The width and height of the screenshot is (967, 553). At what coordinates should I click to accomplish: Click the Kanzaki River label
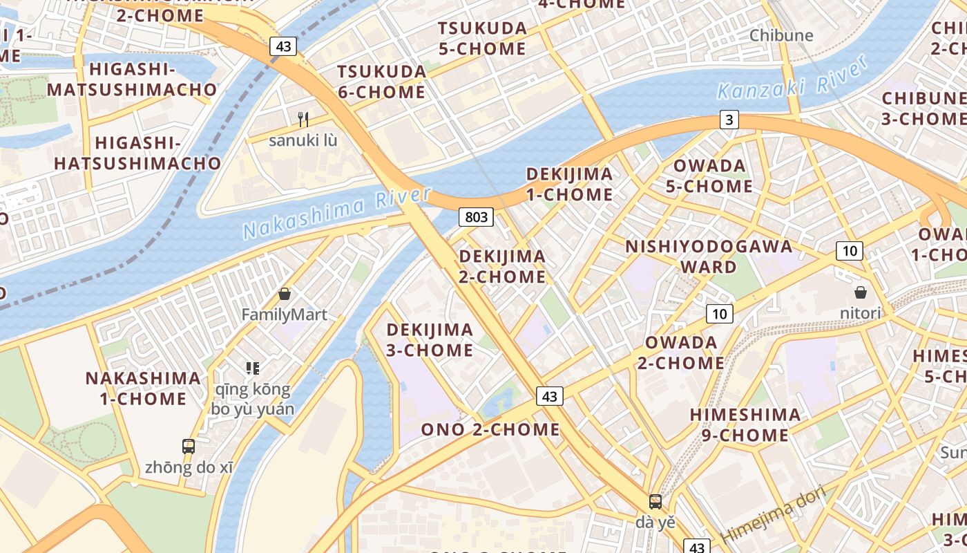click(793, 78)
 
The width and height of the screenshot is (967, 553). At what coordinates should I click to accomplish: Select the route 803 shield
click(476, 217)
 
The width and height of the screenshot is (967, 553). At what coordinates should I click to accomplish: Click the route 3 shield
click(729, 120)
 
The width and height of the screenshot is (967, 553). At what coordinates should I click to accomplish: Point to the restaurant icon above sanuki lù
click(303, 120)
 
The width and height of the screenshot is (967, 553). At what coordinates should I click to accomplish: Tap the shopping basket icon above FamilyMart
click(284, 294)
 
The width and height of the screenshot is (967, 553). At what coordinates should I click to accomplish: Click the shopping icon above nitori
click(861, 292)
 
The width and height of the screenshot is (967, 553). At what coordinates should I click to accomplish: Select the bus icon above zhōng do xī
click(189, 447)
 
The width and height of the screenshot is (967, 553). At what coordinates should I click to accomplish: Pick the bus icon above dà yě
click(655, 502)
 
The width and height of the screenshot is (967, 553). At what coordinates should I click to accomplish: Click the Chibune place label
click(781, 35)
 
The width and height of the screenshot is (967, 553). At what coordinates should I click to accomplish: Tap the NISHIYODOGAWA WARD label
click(709, 256)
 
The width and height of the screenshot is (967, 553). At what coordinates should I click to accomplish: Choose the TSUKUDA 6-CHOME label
click(381, 82)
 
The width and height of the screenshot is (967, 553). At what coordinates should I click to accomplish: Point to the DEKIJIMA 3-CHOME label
click(430, 339)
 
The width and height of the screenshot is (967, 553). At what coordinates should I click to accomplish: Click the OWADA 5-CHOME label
click(709, 176)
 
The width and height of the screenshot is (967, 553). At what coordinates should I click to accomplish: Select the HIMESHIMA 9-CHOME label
click(746, 424)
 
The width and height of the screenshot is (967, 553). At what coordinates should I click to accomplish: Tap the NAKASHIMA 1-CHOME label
click(144, 388)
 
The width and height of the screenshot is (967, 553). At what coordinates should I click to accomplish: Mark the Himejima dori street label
click(773, 515)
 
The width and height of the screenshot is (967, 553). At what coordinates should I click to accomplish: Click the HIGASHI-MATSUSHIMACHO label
click(132, 79)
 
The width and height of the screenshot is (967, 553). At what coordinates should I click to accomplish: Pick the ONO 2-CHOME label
click(490, 429)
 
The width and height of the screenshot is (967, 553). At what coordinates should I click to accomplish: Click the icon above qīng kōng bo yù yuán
click(252, 368)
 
